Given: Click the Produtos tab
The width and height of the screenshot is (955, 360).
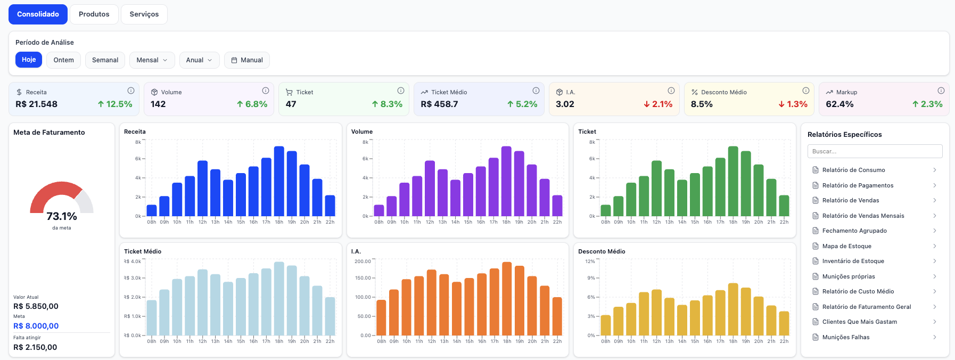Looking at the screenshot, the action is (x=94, y=14).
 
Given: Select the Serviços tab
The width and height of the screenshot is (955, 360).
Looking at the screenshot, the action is (x=144, y=14).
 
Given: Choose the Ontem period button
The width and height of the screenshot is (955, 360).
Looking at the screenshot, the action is (x=64, y=60).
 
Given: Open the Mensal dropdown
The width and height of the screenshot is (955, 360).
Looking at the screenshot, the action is (x=152, y=60).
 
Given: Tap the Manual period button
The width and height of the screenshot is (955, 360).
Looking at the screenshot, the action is (x=247, y=60).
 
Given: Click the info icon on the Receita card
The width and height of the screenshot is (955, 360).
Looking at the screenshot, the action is (x=131, y=91).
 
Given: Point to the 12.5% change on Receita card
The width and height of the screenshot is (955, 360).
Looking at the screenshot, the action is (x=115, y=104).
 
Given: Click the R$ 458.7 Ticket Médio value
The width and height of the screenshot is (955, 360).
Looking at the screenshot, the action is (x=439, y=104).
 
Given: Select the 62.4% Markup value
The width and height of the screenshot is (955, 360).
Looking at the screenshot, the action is (x=839, y=104).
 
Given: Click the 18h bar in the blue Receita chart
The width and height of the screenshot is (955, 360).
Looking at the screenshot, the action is (x=279, y=181).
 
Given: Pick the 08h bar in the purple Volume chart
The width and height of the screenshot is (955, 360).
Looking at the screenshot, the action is (x=379, y=210).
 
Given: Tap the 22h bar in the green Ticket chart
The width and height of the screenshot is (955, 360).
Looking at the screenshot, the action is (x=784, y=206).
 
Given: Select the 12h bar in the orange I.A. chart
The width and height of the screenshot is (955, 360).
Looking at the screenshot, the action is (x=432, y=302).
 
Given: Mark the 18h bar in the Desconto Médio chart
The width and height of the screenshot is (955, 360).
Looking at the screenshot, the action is (x=733, y=309).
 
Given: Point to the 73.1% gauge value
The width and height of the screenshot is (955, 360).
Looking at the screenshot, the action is (x=62, y=216).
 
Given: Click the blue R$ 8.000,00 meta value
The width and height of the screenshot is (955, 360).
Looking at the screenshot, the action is (x=36, y=326).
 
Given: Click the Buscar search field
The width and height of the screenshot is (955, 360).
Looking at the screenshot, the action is (x=875, y=151).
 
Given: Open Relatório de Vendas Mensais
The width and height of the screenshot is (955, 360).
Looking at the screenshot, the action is (x=863, y=216).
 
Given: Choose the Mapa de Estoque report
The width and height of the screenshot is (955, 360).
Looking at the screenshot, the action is (x=846, y=246).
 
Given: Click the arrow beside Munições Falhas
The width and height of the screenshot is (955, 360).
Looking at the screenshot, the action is (x=935, y=337).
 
